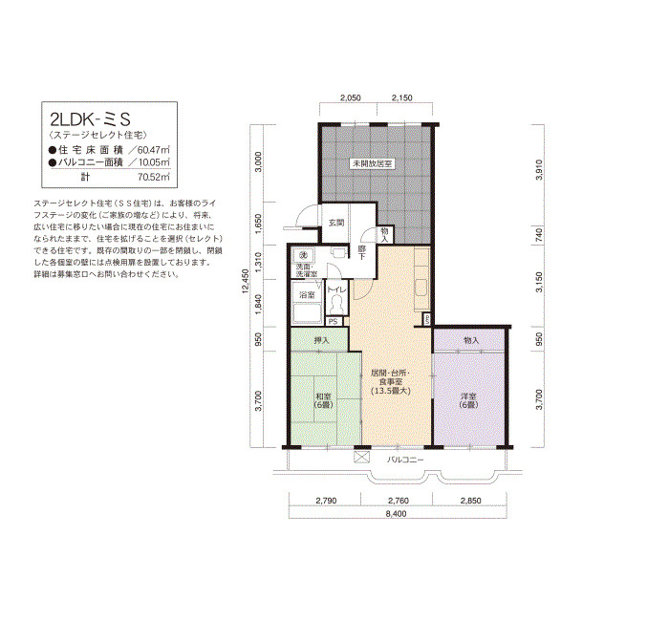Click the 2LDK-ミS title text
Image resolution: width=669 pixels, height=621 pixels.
(x=90, y=119)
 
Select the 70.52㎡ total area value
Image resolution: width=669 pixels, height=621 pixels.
(x=154, y=177)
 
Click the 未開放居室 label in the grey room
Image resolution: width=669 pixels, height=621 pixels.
(x=372, y=163)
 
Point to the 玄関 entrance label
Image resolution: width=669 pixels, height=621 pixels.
(x=336, y=223)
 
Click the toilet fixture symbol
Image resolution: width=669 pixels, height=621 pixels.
(x=336, y=305)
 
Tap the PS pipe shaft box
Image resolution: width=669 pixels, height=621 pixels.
(x=334, y=321)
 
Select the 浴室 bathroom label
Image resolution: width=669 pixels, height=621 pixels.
(x=307, y=294)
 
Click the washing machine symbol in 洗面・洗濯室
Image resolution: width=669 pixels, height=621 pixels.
(x=304, y=255)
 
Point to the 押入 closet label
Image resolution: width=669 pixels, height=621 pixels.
(x=321, y=340)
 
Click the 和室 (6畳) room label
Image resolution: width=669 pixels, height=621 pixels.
(x=323, y=400)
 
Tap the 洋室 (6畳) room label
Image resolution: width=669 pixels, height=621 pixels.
(x=468, y=400)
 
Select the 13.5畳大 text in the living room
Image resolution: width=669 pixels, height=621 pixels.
(x=390, y=390)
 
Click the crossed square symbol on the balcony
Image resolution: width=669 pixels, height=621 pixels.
(x=362, y=457)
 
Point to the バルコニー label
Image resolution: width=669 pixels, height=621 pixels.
(x=405, y=460)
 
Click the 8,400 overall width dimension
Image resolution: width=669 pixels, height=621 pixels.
(x=396, y=514)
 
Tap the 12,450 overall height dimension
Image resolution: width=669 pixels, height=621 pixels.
(x=245, y=281)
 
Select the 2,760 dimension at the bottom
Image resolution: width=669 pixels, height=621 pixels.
(x=399, y=501)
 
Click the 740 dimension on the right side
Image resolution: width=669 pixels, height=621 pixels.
(x=539, y=234)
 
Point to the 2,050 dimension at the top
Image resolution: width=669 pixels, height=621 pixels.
(x=351, y=97)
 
